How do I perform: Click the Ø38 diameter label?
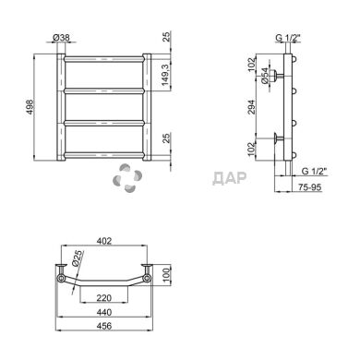coord(62,37)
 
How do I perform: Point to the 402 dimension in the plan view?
coord(103,242)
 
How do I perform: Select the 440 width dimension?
coord(103,313)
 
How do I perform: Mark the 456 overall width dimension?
coord(103,327)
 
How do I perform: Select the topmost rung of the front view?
coord(103,65)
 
